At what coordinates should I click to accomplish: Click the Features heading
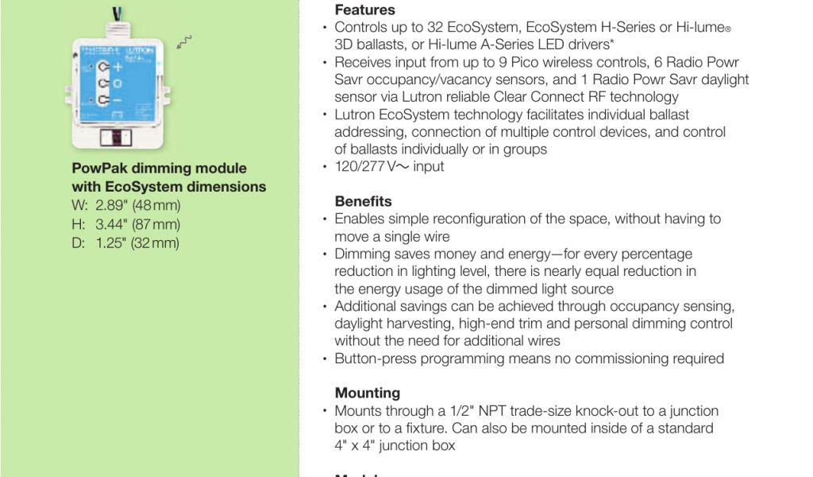(x=364, y=10)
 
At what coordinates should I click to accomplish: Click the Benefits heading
(x=363, y=201)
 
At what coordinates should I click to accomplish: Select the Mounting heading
(x=367, y=393)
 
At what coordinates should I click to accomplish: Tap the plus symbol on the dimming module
(x=118, y=68)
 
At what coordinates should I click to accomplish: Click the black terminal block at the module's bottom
(x=117, y=135)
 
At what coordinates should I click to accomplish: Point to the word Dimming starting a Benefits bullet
(x=364, y=254)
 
